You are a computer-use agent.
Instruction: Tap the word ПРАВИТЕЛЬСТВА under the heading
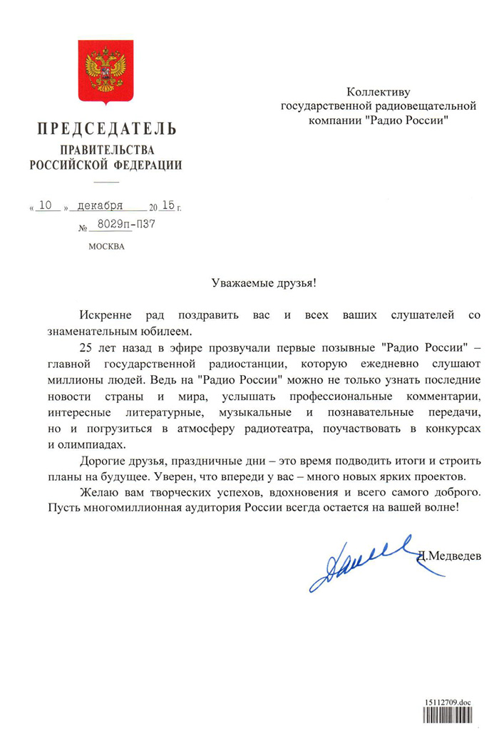[106, 150]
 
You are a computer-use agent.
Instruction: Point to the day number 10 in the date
[47, 205]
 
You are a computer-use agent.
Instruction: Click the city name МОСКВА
[106, 247]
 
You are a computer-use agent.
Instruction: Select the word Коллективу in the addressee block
[379, 92]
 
